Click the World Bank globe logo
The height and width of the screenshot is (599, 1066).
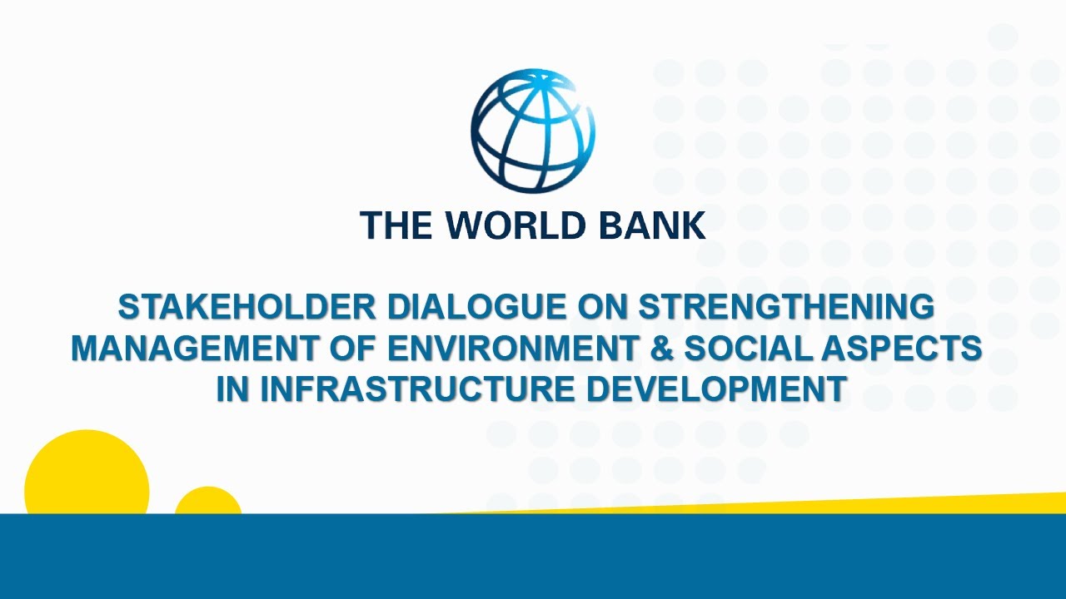533,131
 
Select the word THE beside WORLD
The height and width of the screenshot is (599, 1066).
396,225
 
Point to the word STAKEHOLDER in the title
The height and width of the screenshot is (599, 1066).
247,307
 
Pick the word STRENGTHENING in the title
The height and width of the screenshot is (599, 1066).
786,307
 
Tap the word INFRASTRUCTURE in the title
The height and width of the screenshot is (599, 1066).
417,389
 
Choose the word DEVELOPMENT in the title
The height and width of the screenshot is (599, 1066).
717,389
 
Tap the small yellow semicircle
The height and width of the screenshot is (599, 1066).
208,502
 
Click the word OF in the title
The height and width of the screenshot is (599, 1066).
353,349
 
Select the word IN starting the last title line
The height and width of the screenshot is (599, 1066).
233,389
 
